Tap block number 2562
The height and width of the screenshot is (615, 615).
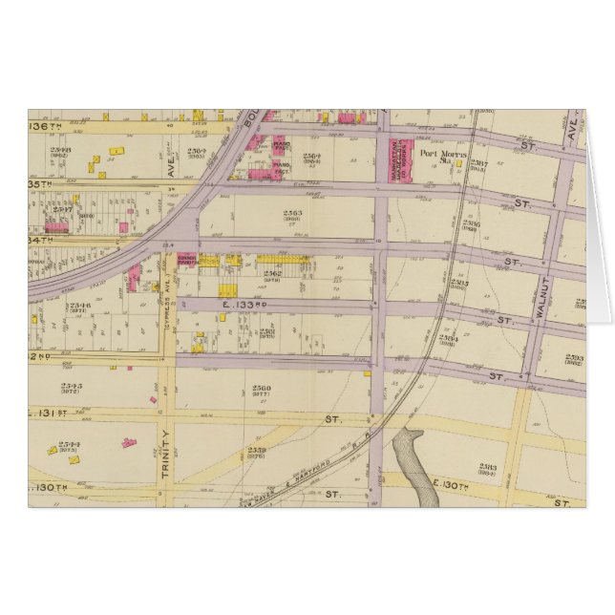pos(271,274)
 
